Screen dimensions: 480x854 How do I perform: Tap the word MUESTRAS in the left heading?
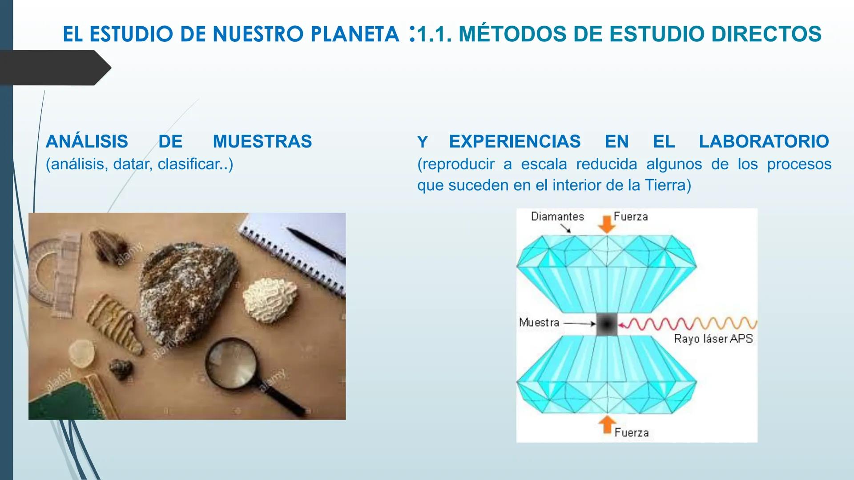point(262,141)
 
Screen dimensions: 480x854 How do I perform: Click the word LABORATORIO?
point(764,141)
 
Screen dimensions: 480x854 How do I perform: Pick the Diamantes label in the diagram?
point(557,217)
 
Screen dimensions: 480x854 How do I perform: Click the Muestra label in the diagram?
point(539,323)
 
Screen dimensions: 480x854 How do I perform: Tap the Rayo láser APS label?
point(713,339)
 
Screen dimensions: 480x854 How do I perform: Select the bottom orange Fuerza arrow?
point(607,424)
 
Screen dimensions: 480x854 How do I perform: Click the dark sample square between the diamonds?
point(607,324)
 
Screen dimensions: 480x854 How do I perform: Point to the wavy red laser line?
point(689,324)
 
